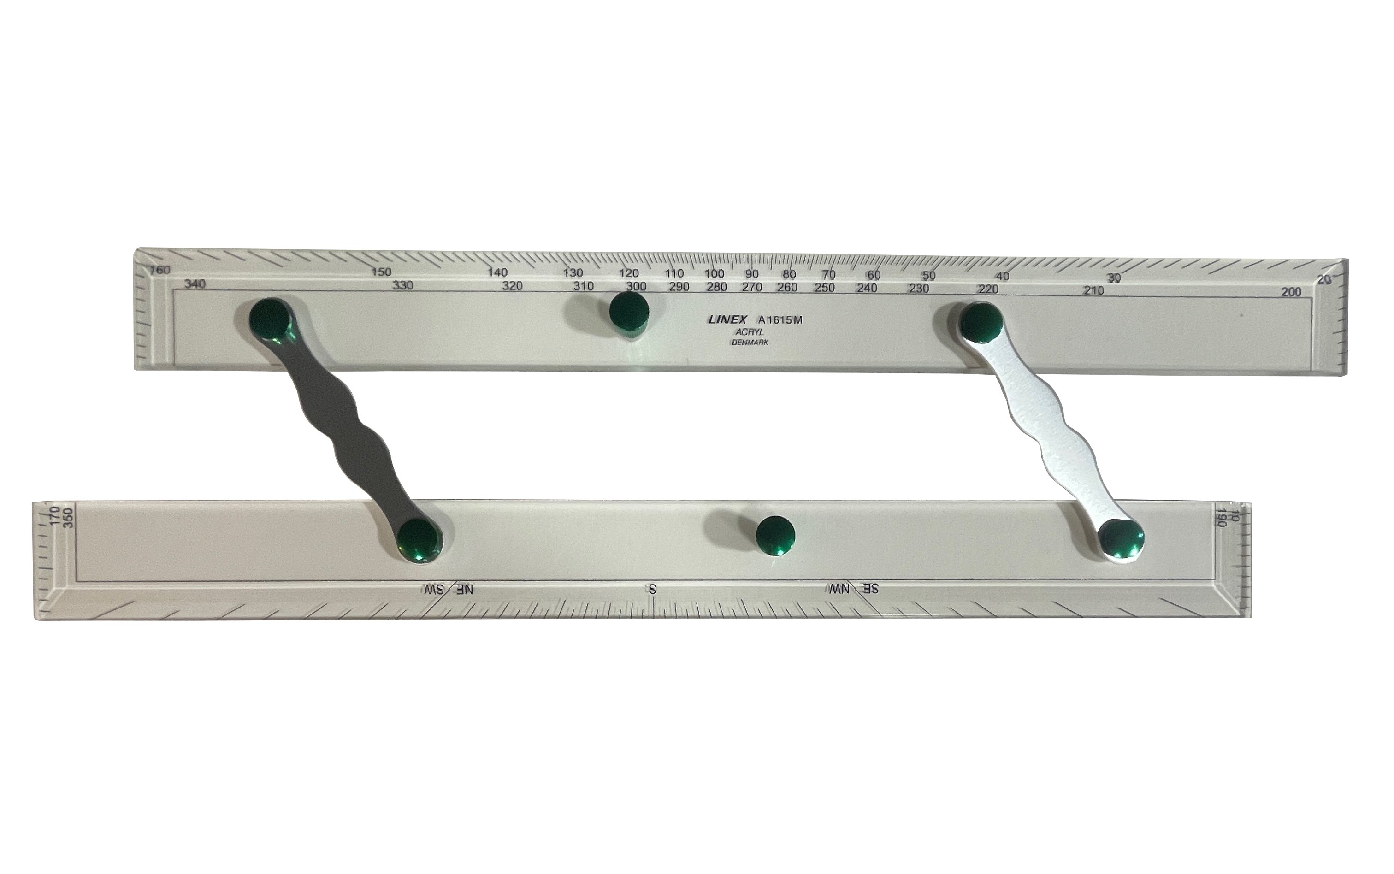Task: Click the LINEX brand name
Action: click(x=727, y=319)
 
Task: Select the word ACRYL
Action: click(x=750, y=332)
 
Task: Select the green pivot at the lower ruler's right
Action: click(x=1122, y=539)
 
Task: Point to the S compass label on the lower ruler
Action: click(x=652, y=589)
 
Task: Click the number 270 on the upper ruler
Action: click(x=752, y=287)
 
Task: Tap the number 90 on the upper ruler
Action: click(x=751, y=274)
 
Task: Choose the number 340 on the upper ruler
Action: click(x=195, y=284)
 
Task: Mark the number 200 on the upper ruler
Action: click(x=1291, y=292)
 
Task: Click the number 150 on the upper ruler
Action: click(x=381, y=272)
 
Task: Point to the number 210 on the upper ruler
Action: click(x=1093, y=290)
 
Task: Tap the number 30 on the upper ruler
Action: click(x=1113, y=278)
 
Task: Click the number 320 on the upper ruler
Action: click(x=512, y=285)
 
